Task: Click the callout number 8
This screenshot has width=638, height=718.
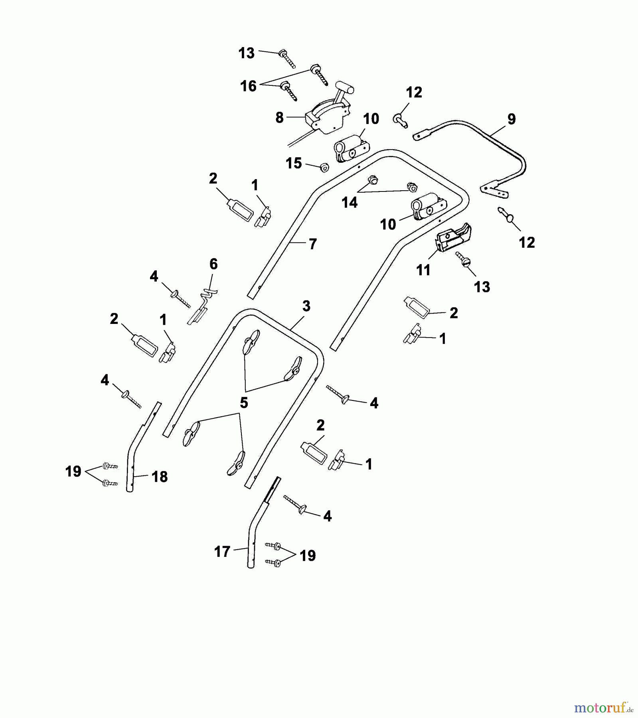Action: click(x=279, y=117)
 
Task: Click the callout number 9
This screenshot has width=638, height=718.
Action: click(x=511, y=119)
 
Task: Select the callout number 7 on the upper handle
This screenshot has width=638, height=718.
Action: click(x=313, y=244)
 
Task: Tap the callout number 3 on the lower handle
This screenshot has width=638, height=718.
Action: click(x=306, y=306)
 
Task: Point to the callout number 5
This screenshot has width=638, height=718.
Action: click(x=244, y=402)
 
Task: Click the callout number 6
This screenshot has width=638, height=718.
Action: click(x=213, y=264)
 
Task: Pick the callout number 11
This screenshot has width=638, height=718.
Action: click(x=423, y=270)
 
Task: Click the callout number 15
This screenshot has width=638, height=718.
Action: click(x=294, y=163)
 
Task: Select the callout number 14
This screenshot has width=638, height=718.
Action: click(x=350, y=203)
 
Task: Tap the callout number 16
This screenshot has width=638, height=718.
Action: click(x=248, y=86)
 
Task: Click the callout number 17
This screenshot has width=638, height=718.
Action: click(x=222, y=552)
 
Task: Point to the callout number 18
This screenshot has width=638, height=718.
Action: click(x=160, y=476)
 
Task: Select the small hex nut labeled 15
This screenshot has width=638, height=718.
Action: click(x=324, y=167)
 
